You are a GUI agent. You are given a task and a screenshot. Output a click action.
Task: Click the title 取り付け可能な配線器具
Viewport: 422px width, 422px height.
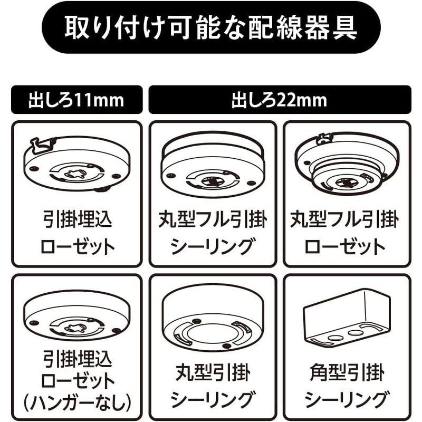tap(211, 27)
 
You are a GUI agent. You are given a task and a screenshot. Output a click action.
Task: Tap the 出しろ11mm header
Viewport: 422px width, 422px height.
tap(77, 100)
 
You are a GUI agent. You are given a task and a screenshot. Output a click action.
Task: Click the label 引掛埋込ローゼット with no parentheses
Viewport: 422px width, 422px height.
tap(78, 232)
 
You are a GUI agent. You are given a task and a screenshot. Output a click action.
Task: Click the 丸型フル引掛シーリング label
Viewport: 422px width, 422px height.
tap(213, 232)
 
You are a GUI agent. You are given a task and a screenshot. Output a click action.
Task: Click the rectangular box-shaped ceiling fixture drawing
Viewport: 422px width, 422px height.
tap(346, 319)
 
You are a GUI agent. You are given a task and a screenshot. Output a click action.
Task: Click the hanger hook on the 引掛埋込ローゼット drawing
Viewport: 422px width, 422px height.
tap(42, 143)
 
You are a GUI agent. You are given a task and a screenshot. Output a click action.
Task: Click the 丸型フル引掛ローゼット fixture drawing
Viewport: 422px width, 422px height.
tap(346, 164)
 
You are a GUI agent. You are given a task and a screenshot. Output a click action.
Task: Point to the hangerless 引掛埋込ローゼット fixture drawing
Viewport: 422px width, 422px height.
tap(77, 317)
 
